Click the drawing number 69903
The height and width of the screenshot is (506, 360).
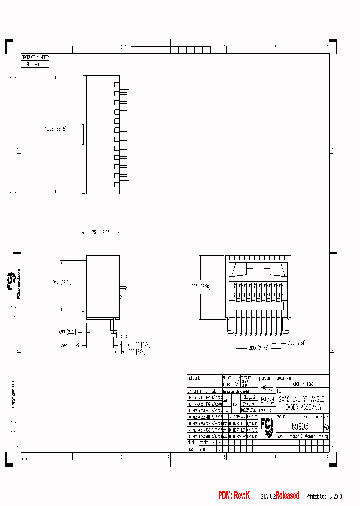(x=300, y=426)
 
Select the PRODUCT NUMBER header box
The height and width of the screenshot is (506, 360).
(x=35, y=58)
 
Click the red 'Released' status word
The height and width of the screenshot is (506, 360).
(x=287, y=495)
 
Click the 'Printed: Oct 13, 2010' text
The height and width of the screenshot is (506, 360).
(x=324, y=496)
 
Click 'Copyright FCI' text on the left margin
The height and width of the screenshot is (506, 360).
(x=13, y=394)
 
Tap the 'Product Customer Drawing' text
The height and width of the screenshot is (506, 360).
(x=305, y=436)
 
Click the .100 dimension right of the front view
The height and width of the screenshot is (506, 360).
(x=297, y=343)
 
